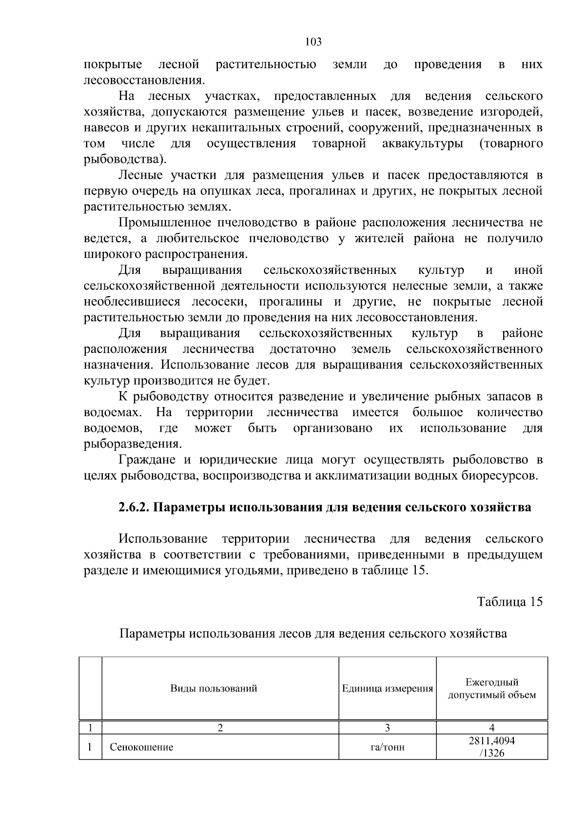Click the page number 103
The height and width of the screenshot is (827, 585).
(313, 42)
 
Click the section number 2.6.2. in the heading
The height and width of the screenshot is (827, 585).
(134, 507)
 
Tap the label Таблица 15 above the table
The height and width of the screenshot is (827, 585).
(509, 602)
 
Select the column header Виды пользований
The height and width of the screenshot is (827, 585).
(214, 689)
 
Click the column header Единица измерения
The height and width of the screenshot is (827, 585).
(388, 689)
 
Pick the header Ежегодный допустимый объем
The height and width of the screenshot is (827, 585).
(491, 689)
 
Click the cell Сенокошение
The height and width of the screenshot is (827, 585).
(141, 747)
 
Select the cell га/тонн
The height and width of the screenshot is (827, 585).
(388, 747)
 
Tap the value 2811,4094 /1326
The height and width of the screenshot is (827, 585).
(491, 747)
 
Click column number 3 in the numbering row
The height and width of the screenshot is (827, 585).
(388, 728)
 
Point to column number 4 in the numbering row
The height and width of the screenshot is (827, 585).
(491, 728)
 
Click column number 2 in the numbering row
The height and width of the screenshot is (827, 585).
(220, 728)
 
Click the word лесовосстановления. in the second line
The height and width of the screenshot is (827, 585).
(144, 80)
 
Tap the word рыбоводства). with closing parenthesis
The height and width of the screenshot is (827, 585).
(125, 159)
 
